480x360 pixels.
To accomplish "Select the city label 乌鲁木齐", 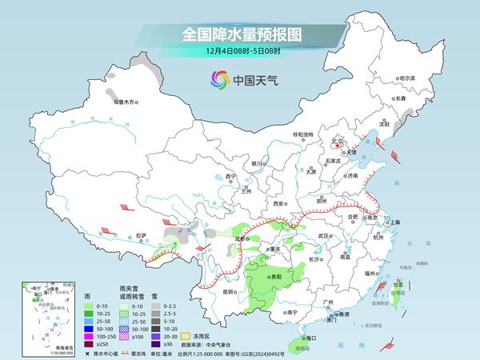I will coord(124,102).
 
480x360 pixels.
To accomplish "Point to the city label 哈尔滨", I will coord(407,78).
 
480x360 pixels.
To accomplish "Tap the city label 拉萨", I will coord(142,235).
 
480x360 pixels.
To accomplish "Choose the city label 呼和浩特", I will coord(304,134).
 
